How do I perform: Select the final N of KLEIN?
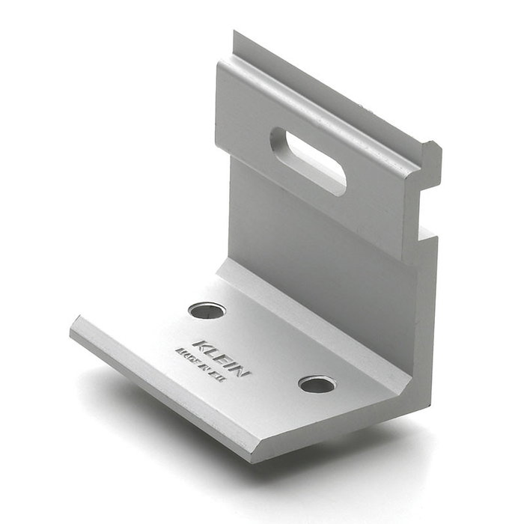(245, 372)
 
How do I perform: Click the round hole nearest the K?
(207, 309)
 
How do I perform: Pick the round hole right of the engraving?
(317, 384)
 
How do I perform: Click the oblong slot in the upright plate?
(308, 160)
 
